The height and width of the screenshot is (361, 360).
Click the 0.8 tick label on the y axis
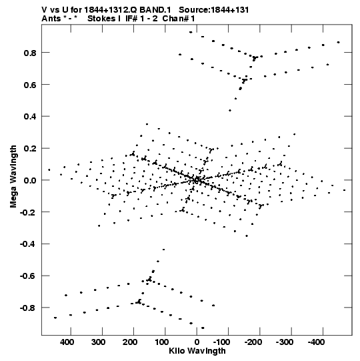pos(30,53)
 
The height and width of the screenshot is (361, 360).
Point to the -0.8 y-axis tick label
pos(28,308)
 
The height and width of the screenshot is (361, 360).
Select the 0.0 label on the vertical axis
pos(30,180)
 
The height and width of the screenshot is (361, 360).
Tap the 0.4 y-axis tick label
pos(30,117)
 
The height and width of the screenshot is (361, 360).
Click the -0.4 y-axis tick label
pos(28,244)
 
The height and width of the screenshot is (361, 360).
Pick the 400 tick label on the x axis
pos(67,342)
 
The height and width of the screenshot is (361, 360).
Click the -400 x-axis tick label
pos(316,342)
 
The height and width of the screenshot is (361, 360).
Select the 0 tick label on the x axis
pos(197,342)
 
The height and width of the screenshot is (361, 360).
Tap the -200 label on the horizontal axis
pos(253,342)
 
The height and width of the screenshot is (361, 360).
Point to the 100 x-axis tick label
pos(161,342)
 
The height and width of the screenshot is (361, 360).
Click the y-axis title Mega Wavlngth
pos(13,177)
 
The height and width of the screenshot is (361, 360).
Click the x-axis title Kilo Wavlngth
pos(197,351)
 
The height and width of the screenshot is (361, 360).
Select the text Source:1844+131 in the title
pos(214,10)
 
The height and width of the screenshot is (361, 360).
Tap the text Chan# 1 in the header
pos(179,19)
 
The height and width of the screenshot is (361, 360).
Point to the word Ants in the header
pos(51,19)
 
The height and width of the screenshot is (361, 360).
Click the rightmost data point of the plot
pos(344,190)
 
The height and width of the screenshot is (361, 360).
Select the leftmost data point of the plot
pos(49,170)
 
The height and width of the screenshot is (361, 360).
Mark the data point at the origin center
pos(197,180)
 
